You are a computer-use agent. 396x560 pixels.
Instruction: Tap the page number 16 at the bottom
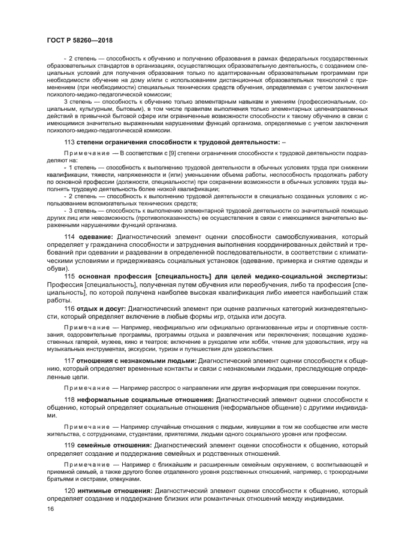(x=50, y=508)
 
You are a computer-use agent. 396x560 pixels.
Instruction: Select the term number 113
(x=69, y=142)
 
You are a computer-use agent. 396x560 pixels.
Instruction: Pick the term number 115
(x=69, y=276)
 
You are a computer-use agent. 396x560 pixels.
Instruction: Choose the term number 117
(x=69, y=361)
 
